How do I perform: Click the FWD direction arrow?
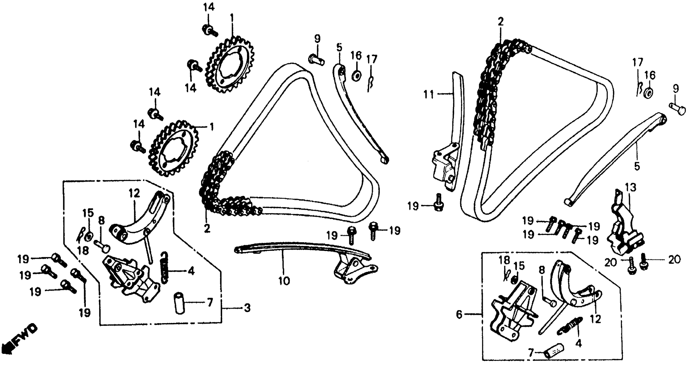click(x=19, y=340)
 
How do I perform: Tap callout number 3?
click(x=247, y=308)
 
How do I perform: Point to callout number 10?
click(x=284, y=281)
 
